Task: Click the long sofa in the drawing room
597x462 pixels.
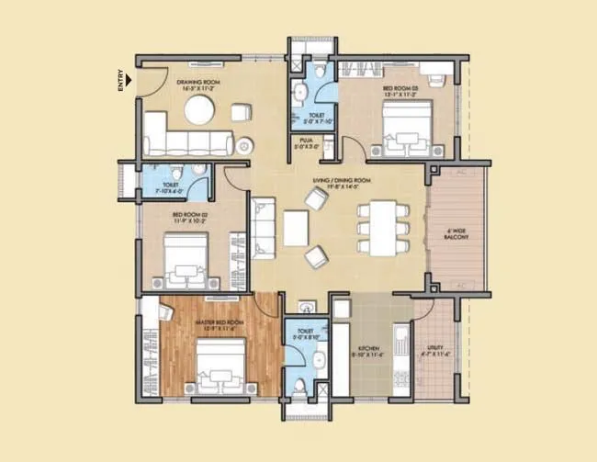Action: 188,142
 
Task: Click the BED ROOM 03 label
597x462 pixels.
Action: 400,89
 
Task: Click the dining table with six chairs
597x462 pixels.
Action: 377,227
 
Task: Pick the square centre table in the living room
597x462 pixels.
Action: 296,228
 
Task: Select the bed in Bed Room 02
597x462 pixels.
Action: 188,260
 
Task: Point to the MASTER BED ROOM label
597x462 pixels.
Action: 220,323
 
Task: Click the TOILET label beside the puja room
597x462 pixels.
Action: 315,117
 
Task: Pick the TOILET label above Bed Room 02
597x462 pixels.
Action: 170,186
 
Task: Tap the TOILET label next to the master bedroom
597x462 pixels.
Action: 306,332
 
